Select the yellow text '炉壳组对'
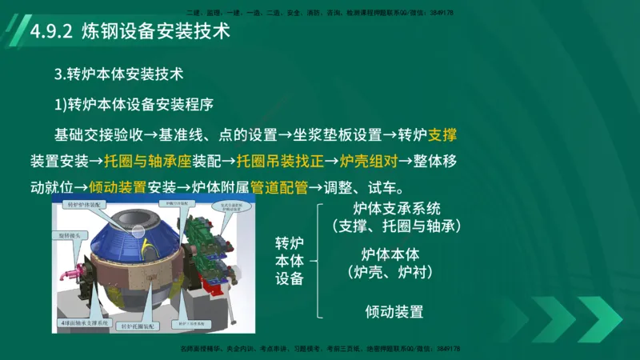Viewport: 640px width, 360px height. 369,161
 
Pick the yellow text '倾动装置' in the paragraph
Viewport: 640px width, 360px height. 118,188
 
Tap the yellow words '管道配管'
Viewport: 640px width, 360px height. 279,188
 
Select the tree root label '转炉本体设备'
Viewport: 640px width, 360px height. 290,261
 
